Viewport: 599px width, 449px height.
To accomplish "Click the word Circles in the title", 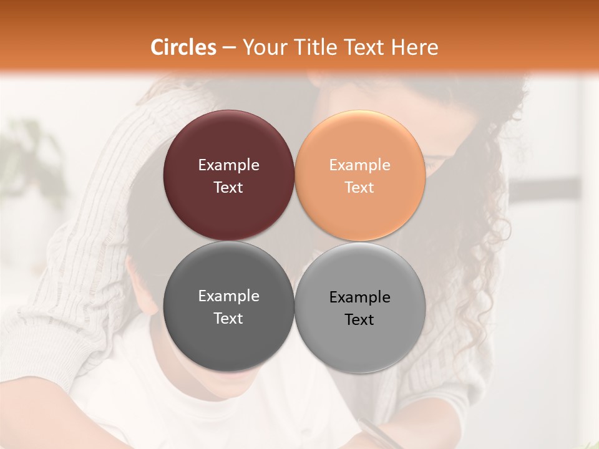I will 183,47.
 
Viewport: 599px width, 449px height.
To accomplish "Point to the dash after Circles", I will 229,48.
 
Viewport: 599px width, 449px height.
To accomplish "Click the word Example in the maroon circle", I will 228,165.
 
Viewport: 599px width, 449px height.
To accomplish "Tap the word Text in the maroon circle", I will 228,188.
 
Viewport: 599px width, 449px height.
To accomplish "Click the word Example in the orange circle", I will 360,165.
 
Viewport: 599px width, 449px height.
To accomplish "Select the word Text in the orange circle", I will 360,188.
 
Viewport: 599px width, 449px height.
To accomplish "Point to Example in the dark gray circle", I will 228,296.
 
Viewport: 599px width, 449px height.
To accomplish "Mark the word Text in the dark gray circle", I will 228,319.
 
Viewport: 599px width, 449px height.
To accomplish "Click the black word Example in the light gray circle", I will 360,297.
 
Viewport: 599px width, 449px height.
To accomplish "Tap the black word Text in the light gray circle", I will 360,320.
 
